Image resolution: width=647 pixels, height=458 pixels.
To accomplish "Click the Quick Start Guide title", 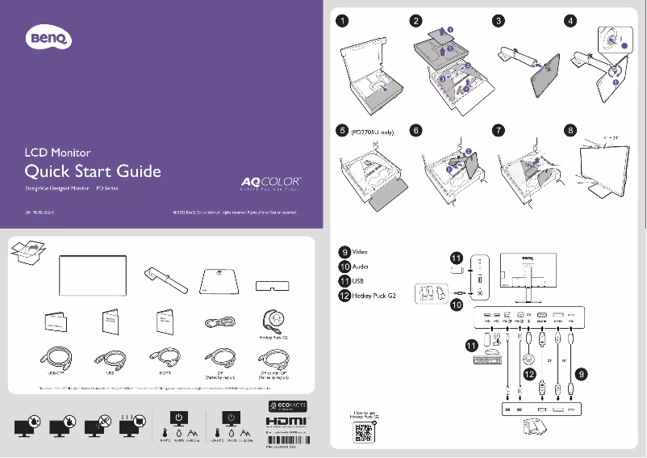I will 92,171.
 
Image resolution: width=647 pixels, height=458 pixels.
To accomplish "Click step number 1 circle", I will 344,21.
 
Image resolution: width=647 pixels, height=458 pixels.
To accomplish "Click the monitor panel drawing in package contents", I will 94,277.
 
